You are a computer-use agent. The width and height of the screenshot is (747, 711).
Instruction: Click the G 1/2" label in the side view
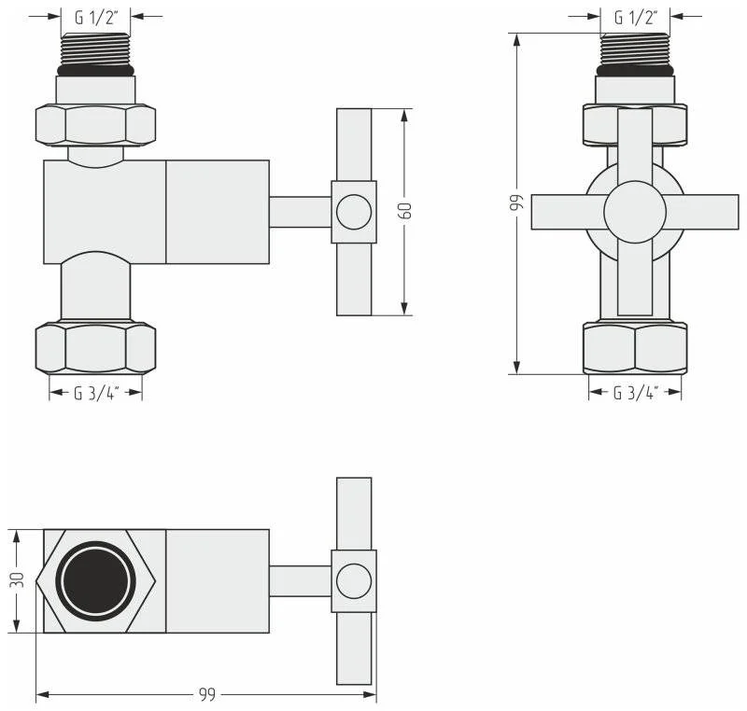click(95, 16)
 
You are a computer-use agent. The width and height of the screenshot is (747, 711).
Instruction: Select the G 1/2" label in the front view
click(636, 16)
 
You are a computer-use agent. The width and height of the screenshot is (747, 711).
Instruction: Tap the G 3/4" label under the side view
click(95, 393)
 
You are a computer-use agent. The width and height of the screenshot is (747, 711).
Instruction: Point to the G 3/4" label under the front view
click(635, 393)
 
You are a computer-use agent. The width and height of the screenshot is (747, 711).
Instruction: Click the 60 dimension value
click(405, 212)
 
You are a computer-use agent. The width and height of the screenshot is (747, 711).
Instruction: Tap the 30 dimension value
click(16, 580)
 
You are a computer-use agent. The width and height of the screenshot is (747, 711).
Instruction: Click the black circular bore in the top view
click(92, 580)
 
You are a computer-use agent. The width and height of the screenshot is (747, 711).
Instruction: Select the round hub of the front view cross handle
click(635, 212)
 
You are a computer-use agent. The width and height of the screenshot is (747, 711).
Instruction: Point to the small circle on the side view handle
click(354, 212)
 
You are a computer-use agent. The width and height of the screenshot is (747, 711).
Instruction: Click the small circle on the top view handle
click(354, 580)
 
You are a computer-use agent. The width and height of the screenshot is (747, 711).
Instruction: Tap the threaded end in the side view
click(95, 49)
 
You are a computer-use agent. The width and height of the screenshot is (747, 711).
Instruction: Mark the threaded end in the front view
click(635, 49)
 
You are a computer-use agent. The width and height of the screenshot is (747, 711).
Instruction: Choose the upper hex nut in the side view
click(95, 124)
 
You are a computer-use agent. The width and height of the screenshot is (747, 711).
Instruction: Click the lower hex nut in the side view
click(95, 347)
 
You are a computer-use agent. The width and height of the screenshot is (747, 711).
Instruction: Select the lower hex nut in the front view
click(635, 347)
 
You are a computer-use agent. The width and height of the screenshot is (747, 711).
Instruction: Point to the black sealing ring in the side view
click(95, 70)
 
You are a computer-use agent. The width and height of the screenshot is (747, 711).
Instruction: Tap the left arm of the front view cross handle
click(566, 212)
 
